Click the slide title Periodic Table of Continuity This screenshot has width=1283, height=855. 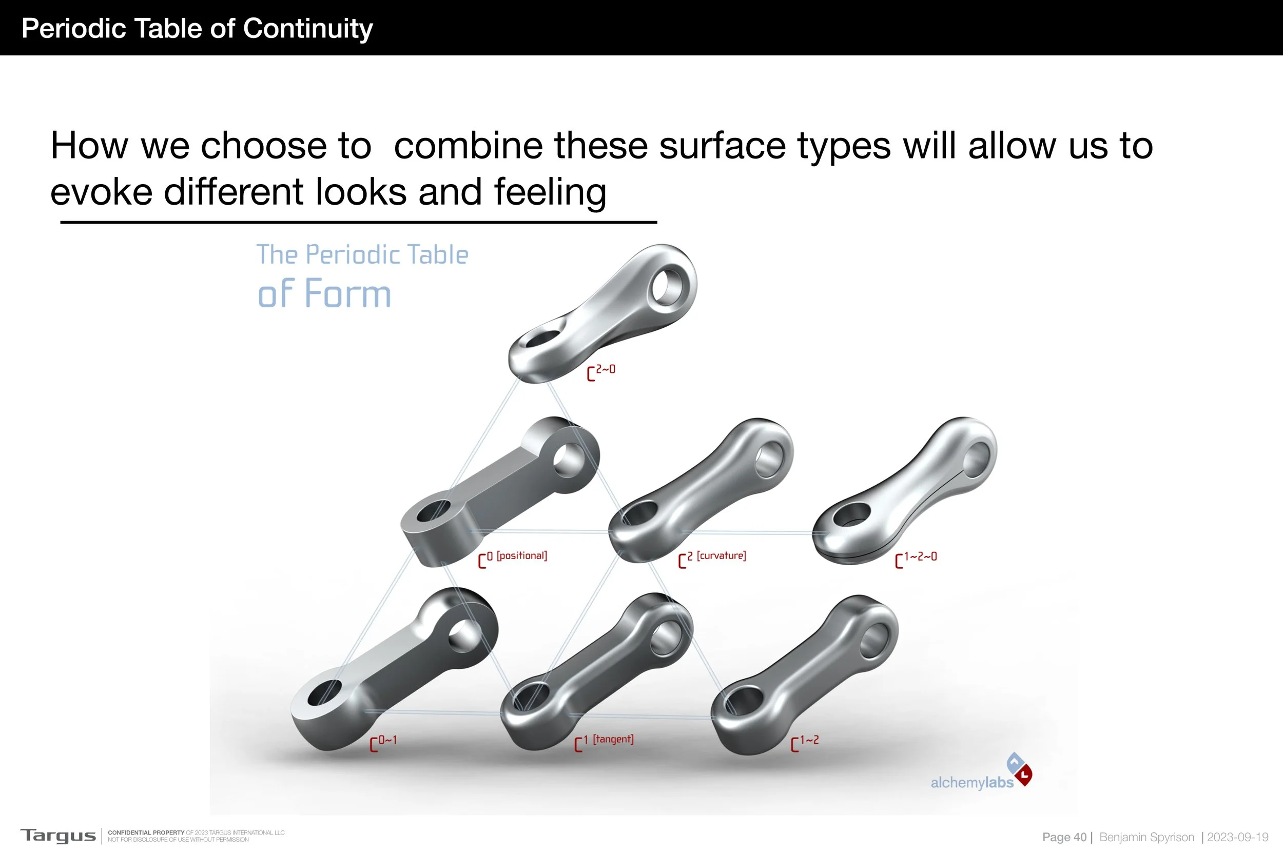[x=197, y=28]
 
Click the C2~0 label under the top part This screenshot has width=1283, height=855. [x=601, y=372]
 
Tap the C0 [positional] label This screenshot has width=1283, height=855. [x=512, y=558]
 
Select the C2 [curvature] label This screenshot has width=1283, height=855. [x=712, y=558]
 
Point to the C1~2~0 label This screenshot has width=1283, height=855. [x=916, y=559]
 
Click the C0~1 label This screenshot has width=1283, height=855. [x=383, y=742]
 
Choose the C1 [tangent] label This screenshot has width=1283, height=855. [x=604, y=742]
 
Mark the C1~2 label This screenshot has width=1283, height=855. [x=805, y=742]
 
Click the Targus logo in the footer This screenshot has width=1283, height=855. [x=58, y=836]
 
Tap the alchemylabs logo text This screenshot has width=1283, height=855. [x=971, y=783]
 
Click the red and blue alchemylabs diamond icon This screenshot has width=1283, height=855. [x=1019, y=768]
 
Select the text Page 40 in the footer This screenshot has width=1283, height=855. [x=1064, y=837]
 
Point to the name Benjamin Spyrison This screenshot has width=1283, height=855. [x=1146, y=837]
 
